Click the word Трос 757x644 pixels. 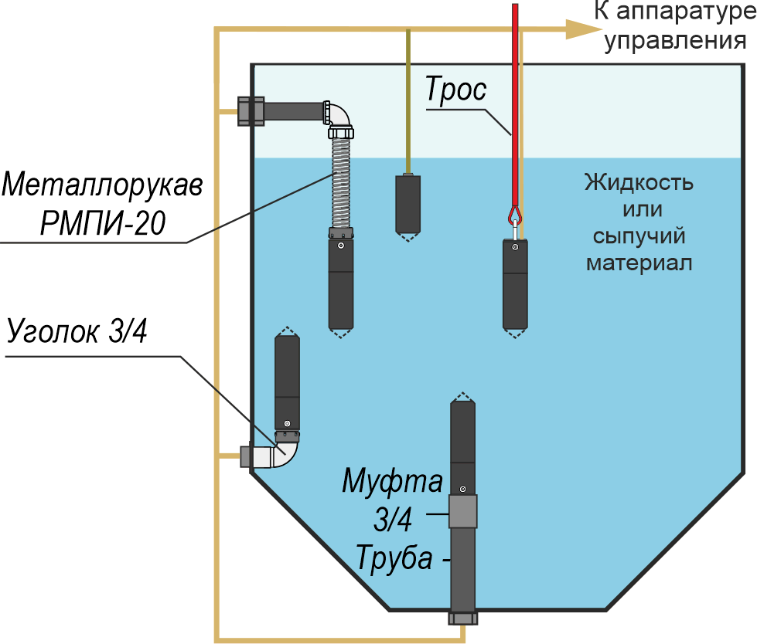point(455,90)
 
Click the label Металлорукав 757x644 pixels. point(102,185)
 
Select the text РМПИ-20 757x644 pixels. point(103,222)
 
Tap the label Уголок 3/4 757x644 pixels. point(77,331)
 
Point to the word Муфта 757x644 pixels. point(393,480)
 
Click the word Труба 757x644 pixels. point(394,558)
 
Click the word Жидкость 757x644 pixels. point(639,183)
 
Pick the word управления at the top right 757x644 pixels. point(675,40)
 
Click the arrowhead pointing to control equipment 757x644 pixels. point(583,29)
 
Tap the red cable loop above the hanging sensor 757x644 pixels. point(515,215)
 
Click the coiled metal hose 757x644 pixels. point(341,183)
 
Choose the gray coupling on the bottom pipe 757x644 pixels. point(463,511)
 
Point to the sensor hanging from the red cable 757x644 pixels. point(515,287)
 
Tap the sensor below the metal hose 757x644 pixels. point(341,283)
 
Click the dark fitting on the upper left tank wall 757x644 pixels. point(251,111)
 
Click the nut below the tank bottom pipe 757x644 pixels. point(463,618)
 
